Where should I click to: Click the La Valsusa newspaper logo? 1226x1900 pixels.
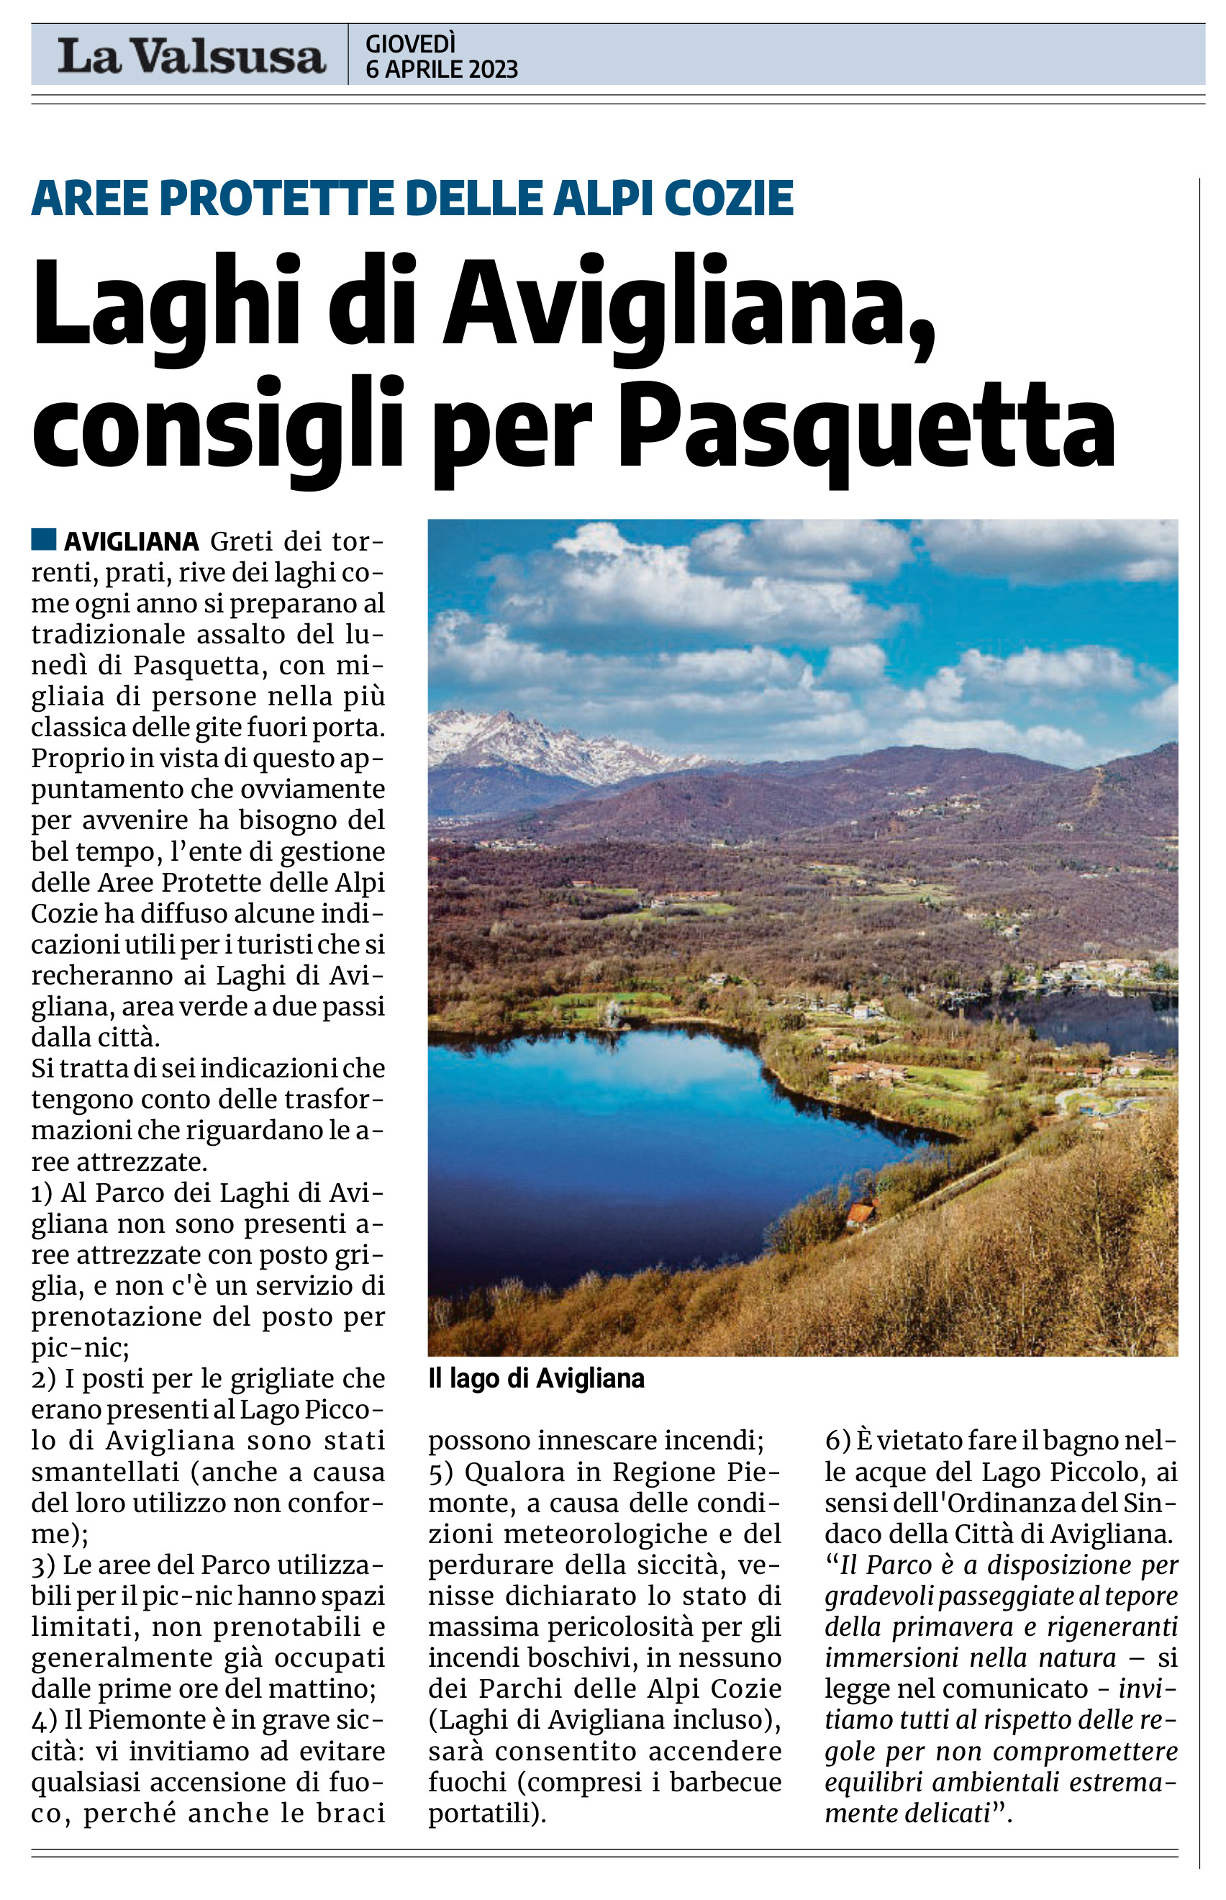191,55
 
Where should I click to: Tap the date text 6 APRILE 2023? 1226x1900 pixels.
442,70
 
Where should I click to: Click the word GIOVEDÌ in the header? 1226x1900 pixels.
411,43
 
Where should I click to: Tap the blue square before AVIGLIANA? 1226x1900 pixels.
44,539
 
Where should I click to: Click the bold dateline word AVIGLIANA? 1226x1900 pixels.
132,541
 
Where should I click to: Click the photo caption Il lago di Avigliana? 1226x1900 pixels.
536,1378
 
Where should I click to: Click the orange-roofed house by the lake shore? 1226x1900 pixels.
861,1213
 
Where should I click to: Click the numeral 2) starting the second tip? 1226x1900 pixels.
43,1378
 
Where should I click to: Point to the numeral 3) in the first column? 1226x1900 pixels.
43,1565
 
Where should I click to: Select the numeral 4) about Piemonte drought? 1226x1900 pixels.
44,1720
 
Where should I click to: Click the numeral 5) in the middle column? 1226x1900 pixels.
440,1472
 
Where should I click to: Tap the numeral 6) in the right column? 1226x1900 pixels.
837,1441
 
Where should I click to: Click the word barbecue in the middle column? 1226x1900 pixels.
725,1782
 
